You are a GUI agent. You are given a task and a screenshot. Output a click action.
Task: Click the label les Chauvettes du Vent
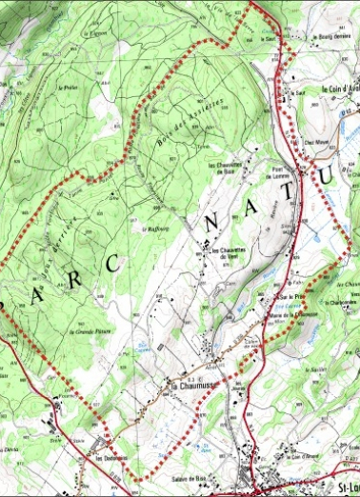(221, 252)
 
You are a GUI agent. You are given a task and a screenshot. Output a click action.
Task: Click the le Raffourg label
(152, 229)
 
